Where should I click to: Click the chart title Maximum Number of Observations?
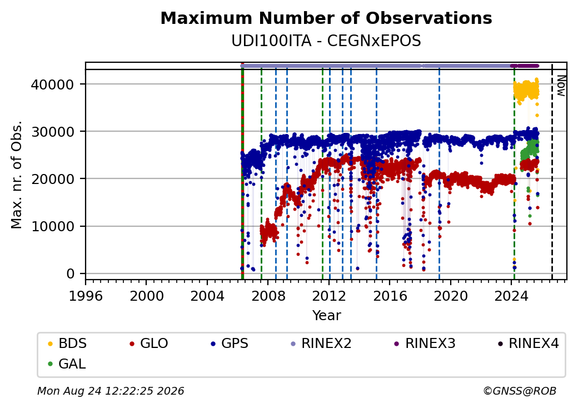click(x=326, y=18)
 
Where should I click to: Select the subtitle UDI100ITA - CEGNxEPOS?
click(x=326, y=41)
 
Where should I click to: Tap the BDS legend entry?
click(x=67, y=344)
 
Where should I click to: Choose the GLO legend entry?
click(x=149, y=344)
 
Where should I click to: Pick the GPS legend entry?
click(x=230, y=344)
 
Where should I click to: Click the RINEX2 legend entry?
click(x=321, y=344)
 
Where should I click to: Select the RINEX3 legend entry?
click(x=425, y=344)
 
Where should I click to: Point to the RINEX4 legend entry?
click(x=529, y=344)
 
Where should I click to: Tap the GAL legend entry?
click(x=67, y=364)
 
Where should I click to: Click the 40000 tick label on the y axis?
click(x=52, y=85)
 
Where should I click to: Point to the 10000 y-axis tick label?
click(x=52, y=226)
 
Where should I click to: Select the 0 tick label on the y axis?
click(x=70, y=274)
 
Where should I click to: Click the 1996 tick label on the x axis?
click(x=86, y=296)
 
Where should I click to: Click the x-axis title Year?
click(x=327, y=316)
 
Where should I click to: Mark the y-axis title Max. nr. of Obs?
click(x=17, y=175)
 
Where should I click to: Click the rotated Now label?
click(x=561, y=86)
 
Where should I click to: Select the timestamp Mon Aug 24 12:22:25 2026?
click(x=111, y=391)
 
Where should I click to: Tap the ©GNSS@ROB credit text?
click(x=520, y=391)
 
